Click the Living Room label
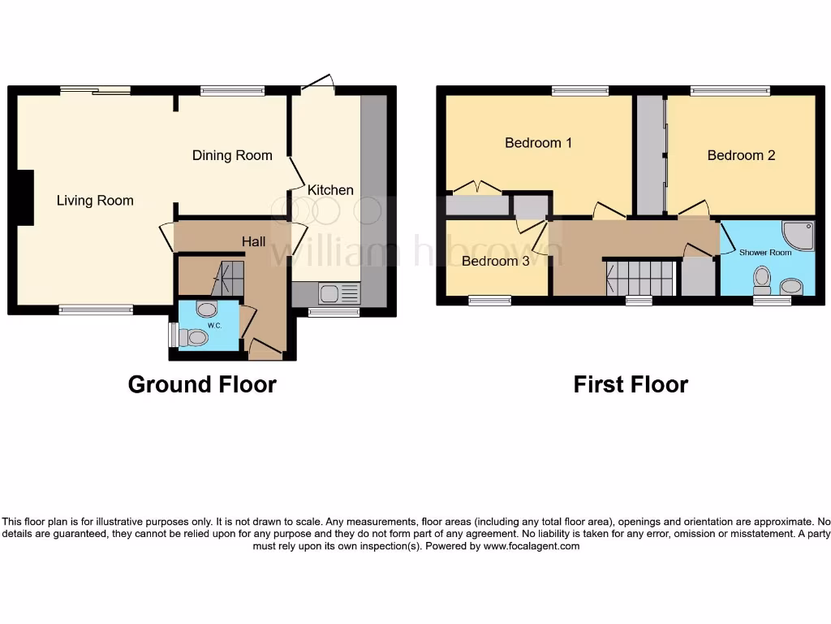95,200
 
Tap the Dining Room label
232,155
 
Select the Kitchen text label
330,189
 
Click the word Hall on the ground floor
254,241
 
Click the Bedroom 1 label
538,143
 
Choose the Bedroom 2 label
741,155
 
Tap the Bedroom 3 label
495,261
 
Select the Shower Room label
764,253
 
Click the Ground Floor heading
202,384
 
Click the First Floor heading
631,384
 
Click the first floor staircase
640,278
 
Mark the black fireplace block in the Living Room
25,197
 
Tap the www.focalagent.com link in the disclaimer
531,547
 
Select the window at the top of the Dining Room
232,91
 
